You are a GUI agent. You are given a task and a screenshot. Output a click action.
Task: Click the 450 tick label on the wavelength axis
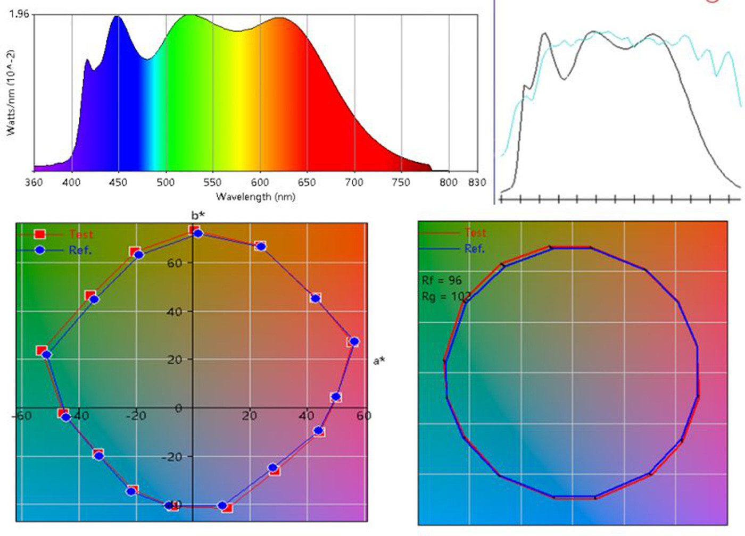tap(118, 182)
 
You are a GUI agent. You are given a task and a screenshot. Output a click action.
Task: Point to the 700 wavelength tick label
tap(354, 182)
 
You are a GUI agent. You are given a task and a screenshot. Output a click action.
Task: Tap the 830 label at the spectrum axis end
tap(477, 182)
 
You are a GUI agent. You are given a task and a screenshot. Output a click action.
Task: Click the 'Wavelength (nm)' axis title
tap(255, 197)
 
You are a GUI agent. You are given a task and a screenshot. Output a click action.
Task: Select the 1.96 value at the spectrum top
tap(19, 14)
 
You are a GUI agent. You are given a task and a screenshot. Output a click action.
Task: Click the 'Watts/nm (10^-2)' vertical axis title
tap(10, 93)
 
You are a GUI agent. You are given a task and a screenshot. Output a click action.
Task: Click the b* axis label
tap(198, 215)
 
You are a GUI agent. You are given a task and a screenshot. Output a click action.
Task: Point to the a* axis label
tap(379, 361)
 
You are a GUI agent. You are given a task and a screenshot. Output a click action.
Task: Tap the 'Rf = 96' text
tap(442, 280)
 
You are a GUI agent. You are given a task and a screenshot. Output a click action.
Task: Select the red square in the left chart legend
tap(39, 234)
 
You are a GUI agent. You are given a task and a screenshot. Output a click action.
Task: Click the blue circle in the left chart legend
tap(39, 250)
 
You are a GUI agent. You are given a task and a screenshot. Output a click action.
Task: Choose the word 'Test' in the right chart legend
tap(475, 232)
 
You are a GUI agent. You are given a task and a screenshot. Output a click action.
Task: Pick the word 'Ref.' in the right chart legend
tap(474, 248)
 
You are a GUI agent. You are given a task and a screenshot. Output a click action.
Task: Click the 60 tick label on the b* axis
tap(175, 263)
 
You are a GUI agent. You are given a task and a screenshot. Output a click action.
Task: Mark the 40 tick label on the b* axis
tap(175, 311)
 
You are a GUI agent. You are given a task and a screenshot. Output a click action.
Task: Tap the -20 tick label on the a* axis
tap(135, 415)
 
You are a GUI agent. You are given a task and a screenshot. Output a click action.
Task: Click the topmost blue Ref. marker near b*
tap(198, 233)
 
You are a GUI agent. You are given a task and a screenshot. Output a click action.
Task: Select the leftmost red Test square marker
tap(42, 350)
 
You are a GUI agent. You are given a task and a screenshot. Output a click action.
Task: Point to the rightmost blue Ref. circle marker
tap(354, 341)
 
